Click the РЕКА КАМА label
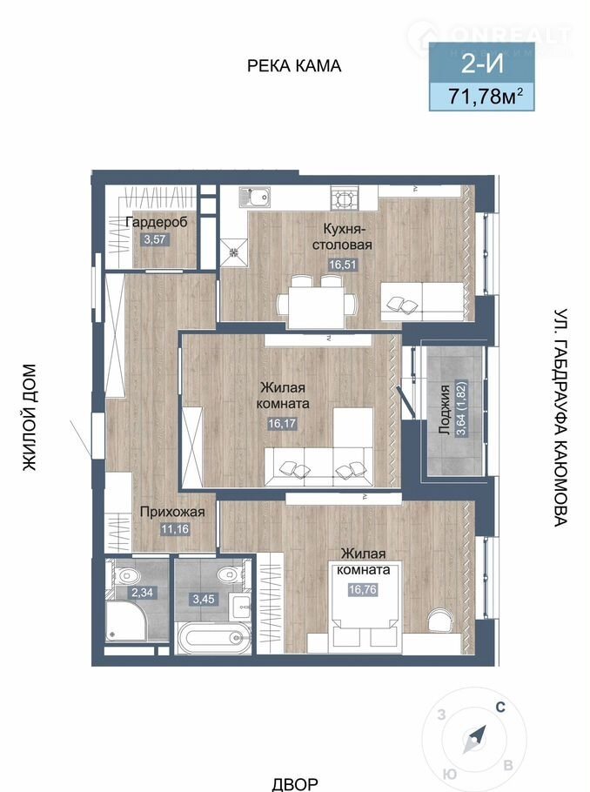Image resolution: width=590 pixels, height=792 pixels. (294, 65)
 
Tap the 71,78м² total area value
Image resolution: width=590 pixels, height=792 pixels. (482, 97)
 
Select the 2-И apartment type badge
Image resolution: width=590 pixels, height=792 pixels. (482, 64)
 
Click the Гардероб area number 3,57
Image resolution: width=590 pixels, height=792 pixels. (155, 239)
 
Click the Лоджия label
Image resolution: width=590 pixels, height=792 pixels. (445, 410)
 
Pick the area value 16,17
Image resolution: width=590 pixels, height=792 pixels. (282, 423)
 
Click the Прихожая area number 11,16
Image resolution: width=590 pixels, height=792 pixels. (175, 529)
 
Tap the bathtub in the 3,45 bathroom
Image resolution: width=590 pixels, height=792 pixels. (212, 637)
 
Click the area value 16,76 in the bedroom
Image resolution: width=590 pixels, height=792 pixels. (363, 589)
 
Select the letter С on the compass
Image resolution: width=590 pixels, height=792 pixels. (500, 707)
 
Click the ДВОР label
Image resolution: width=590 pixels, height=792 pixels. (295, 784)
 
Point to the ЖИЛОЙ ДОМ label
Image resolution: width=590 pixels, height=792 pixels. (30, 417)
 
